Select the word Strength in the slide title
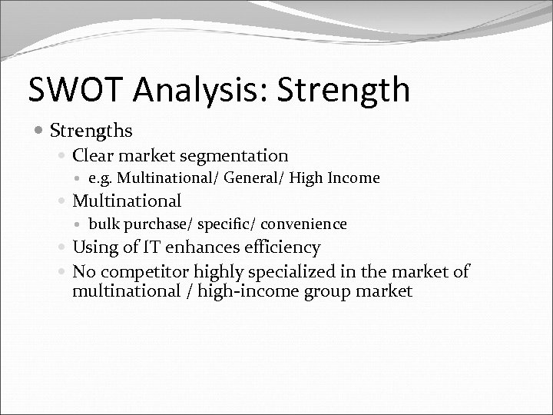click(x=349, y=89)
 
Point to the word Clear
click(x=95, y=156)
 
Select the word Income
click(x=353, y=178)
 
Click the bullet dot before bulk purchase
click(x=80, y=224)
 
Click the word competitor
click(x=138, y=271)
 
